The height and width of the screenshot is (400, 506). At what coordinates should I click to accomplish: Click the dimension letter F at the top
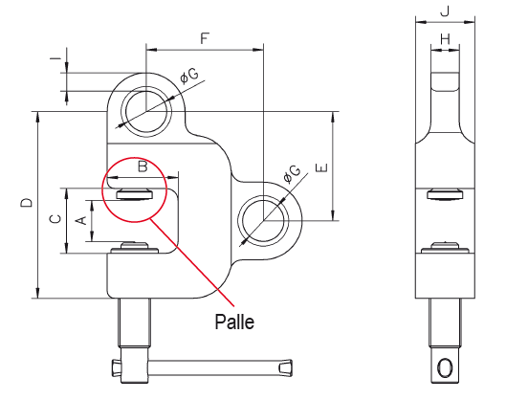click(205, 38)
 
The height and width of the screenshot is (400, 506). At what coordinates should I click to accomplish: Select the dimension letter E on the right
click(321, 167)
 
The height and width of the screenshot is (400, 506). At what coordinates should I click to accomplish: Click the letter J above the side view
click(445, 11)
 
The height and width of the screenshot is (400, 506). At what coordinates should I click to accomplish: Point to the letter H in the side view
click(445, 39)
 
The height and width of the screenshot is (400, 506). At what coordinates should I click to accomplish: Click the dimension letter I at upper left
click(55, 58)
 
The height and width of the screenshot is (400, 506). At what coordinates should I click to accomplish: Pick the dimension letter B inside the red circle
click(143, 167)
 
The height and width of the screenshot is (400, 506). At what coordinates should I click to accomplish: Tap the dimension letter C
click(55, 219)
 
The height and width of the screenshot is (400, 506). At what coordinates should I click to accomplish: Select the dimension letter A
click(81, 220)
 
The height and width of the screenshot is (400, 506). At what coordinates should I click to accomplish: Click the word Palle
click(234, 322)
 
